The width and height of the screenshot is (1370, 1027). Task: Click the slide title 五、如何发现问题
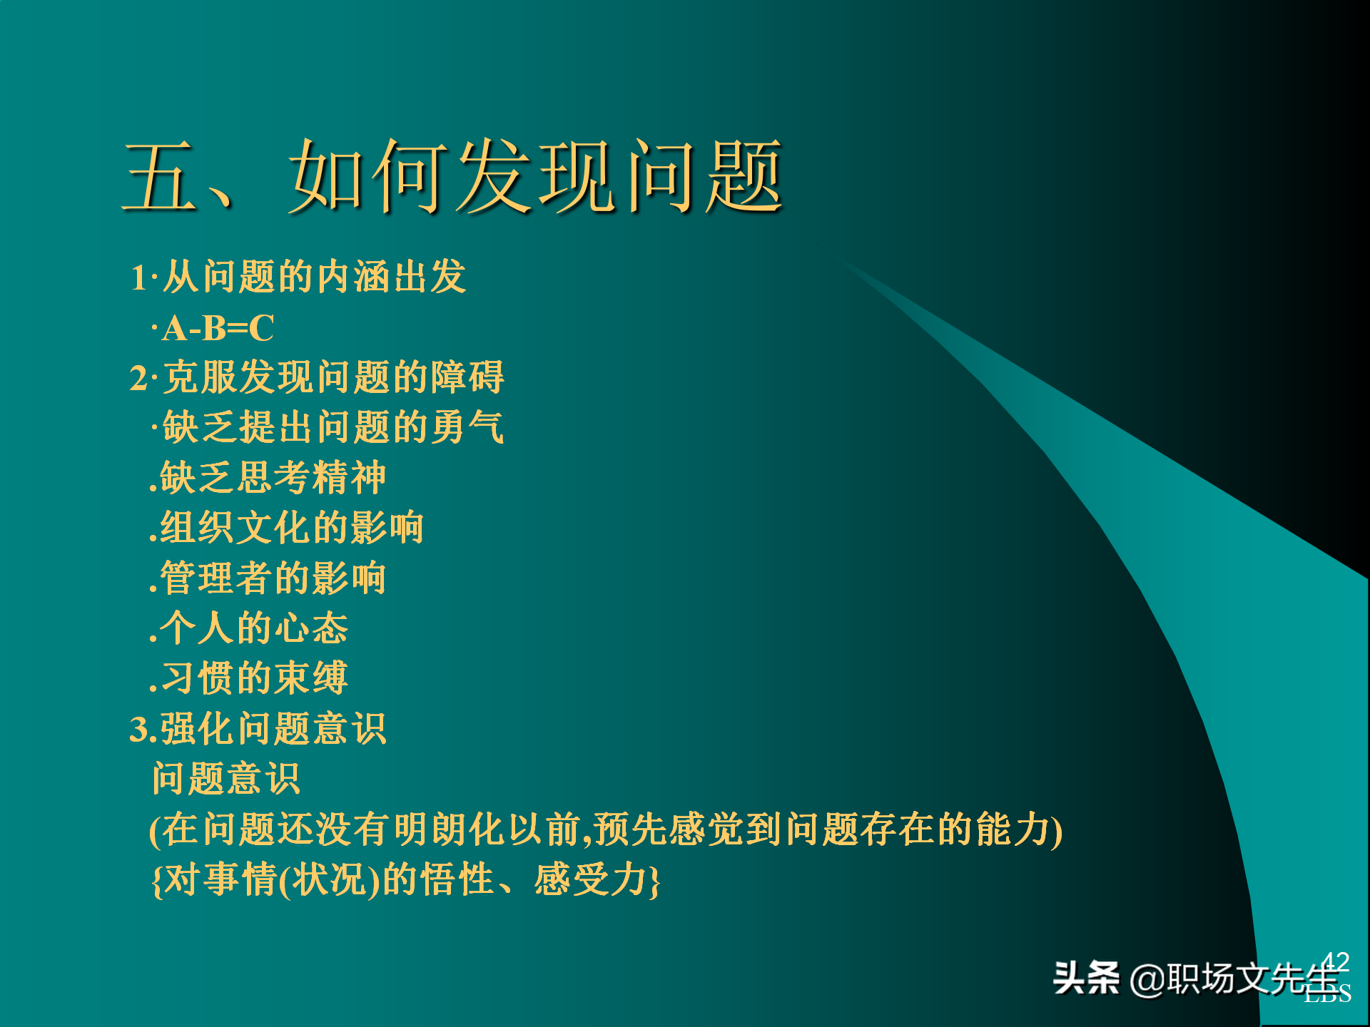click(x=454, y=176)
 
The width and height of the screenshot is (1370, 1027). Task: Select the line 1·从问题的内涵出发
click(x=298, y=277)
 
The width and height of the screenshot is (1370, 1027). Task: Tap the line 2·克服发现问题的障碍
click(x=317, y=377)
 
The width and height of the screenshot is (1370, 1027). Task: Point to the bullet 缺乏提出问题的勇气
click(x=333, y=427)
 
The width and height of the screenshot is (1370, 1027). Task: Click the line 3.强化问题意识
click(x=258, y=729)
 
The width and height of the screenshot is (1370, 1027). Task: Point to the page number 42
click(x=1335, y=961)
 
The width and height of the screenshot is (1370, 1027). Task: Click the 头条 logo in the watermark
click(x=1086, y=978)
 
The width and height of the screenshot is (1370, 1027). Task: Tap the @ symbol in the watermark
click(x=1147, y=979)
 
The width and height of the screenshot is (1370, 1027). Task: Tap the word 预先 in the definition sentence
click(x=631, y=829)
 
